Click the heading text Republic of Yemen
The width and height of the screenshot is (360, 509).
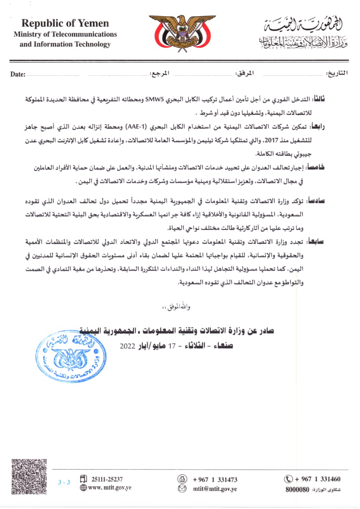click(65, 23)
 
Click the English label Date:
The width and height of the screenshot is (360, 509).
click(18, 74)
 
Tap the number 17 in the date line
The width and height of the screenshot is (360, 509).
click(172, 346)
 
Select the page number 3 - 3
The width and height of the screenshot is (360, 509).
click(64, 482)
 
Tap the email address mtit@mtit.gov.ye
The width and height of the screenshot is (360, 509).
click(215, 488)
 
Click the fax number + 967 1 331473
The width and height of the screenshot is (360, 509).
click(215, 480)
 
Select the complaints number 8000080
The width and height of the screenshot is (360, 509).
click(297, 490)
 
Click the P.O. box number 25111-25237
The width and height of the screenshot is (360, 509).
click(107, 479)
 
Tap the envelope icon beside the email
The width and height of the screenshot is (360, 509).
click(182, 488)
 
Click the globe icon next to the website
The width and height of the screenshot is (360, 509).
click(83, 488)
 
